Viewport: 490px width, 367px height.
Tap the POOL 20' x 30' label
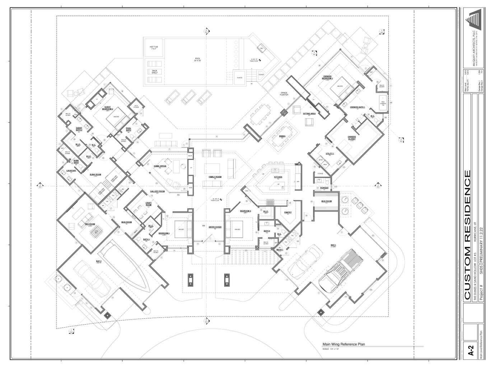[x=198, y=59]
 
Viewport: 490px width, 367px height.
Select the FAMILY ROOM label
[x=215, y=177]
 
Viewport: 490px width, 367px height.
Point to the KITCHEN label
[x=278, y=177]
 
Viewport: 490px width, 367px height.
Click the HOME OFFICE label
[x=160, y=166]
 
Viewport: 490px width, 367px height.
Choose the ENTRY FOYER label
[x=215, y=227]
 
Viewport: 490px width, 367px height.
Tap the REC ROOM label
[x=89, y=224]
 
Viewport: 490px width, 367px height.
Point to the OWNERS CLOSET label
[x=352, y=138]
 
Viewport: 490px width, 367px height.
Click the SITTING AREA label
[x=309, y=114]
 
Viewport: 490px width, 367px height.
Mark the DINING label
[x=283, y=137]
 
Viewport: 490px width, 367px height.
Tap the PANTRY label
[x=288, y=213]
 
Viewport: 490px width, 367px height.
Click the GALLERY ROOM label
[x=157, y=191]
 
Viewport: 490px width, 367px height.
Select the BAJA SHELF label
[x=155, y=72]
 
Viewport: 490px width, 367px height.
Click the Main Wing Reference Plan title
[x=344, y=344]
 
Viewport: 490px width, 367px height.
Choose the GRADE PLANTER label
[x=287, y=94]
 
